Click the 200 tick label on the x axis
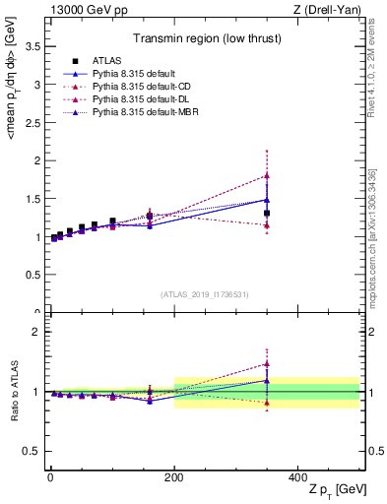tap(174, 476)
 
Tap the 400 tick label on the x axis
tap(297, 476)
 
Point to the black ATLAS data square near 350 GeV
tap(267, 213)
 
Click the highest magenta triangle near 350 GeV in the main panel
tap(267, 175)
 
